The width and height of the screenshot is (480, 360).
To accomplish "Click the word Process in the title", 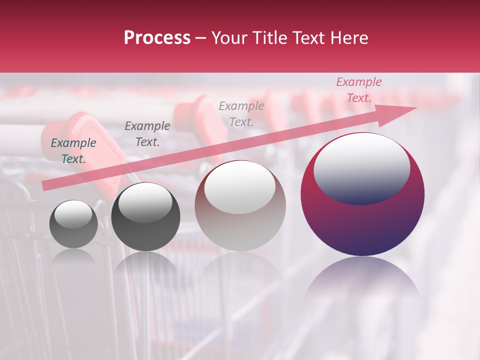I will pyautogui.click(x=157, y=38).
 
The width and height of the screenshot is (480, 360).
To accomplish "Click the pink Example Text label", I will pyautogui.click(x=358, y=90).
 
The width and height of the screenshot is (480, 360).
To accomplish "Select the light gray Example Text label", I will pyautogui.click(x=241, y=113).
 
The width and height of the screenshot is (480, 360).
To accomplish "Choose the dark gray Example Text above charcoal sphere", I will pyautogui.click(x=147, y=134).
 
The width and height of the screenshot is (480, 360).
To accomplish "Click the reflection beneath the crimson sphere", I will pyautogui.click(x=362, y=280).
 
